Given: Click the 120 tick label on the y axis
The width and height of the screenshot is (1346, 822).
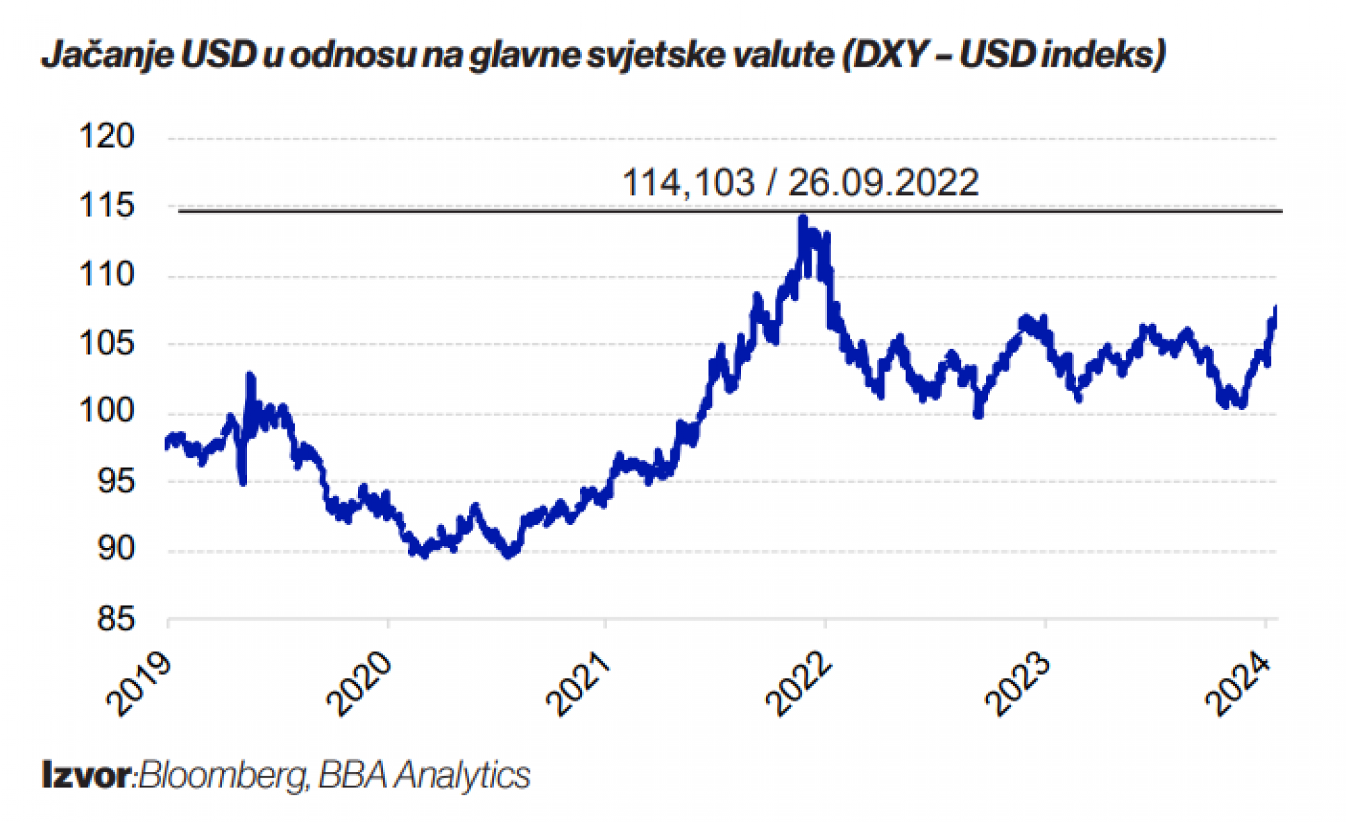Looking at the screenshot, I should pos(106,137).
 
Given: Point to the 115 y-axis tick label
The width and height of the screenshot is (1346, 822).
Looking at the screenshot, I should pos(106,205).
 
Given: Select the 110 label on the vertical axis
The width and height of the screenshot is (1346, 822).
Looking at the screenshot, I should pos(106,275).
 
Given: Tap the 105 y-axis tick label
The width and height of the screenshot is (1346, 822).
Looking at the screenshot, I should pos(106,343).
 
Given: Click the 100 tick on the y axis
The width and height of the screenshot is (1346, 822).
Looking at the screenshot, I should pos(106,411).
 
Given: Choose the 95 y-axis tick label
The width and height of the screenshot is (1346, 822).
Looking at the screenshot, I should pos(116,481).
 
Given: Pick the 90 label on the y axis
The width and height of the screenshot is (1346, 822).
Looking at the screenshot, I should pos(116,549).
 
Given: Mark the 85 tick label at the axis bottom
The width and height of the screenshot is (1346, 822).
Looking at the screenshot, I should pos(116,619).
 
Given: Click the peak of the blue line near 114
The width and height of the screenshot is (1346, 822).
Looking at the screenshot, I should pos(802,218).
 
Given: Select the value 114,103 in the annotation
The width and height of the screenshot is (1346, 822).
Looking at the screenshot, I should pos(688,182).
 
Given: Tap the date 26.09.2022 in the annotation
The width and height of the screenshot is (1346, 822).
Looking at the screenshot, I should pos(883,182).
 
